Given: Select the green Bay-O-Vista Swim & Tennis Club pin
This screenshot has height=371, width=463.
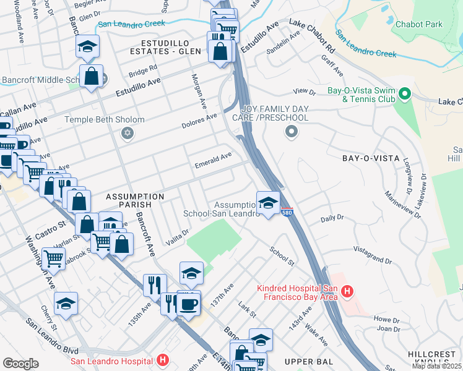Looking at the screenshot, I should pyautogui.click(x=405, y=94).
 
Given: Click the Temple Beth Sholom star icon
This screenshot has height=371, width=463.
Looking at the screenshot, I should pyautogui.click(x=128, y=134).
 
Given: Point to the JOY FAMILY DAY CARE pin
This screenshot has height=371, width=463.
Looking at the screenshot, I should pyautogui.click(x=290, y=132).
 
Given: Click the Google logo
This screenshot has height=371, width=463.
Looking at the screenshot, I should pyautogui.click(x=20, y=364).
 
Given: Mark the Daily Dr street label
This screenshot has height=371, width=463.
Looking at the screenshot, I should pyautogui.click(x=332, y=219).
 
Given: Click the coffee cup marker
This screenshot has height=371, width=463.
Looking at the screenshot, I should pyautogui.click(x=189, y=304).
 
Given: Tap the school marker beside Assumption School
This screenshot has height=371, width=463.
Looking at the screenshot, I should pyautogui.click(x=267, y=203).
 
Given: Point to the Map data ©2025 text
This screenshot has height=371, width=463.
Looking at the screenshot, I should pyautogui.click(x=437, y=366).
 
